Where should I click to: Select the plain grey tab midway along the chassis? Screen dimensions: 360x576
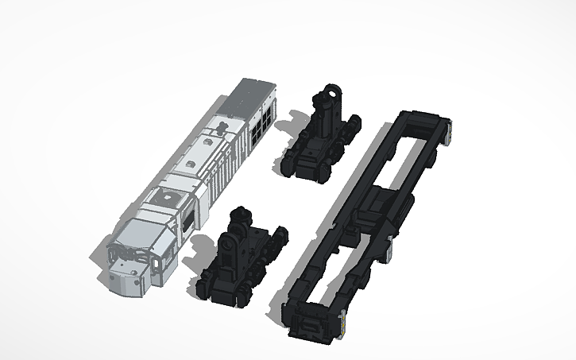[x=389, y=252]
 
